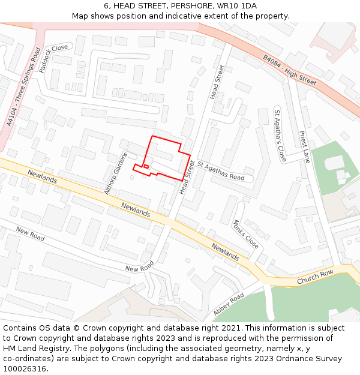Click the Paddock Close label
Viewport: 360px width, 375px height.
53,58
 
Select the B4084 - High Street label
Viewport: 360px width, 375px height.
290,70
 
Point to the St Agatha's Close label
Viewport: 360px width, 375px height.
280,136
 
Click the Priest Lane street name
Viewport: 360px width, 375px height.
305,147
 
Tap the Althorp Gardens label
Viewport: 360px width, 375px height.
116,173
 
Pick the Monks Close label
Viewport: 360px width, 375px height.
245,234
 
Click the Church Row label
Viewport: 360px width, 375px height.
314,277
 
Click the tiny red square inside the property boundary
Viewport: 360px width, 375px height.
146,166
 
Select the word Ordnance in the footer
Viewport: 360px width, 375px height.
289,358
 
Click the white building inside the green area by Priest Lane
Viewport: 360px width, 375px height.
334,163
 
